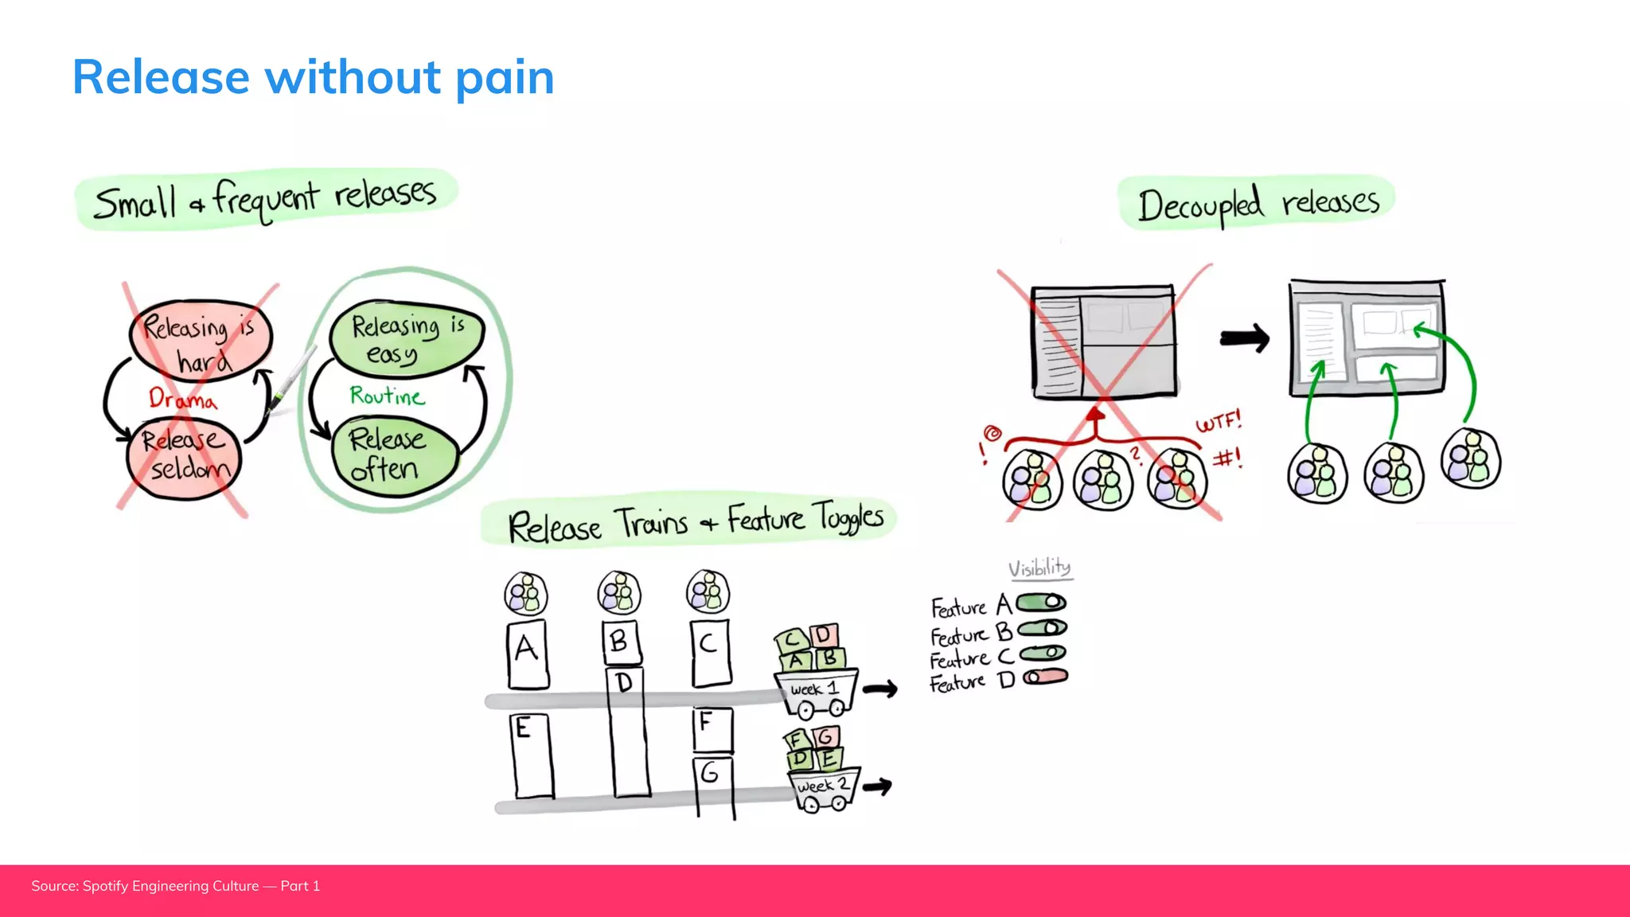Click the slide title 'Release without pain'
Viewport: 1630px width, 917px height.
[313, 77]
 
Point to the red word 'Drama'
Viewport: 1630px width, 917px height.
[182, 398]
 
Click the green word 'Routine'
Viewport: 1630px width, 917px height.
[388, 396]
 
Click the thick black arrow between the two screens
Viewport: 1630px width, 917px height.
[1245, 338]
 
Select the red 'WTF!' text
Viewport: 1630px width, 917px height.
[1219, 421]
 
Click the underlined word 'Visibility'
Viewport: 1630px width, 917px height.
[1039, 568]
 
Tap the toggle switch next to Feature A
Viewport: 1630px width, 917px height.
[1041, 603]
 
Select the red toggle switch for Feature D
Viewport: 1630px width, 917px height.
[1045, 677]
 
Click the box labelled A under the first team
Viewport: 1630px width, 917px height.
[528, 654]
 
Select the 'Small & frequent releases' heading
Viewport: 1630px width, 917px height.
[266, 199]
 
